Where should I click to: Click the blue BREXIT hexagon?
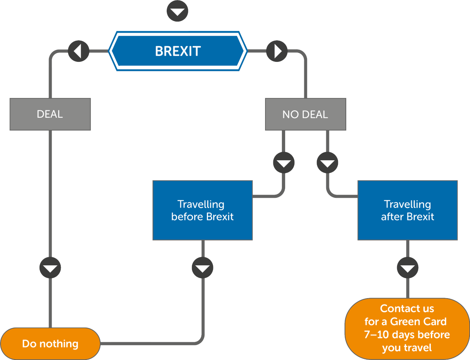177,51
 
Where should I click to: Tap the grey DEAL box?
50,114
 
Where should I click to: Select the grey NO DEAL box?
305,114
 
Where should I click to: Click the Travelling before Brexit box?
202,210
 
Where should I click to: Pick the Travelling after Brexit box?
407,210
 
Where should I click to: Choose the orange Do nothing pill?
50,344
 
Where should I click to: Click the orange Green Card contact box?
407,329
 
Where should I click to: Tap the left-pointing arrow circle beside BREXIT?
78,51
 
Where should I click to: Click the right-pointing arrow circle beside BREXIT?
277,51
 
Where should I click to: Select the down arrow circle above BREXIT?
177,11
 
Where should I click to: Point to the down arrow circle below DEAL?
50,268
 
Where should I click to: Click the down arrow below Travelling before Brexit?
202,268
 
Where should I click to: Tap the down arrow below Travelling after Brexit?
407,268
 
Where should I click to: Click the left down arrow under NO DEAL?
284,163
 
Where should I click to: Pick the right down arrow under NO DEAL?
327,163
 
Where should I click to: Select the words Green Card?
418,322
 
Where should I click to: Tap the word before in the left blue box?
187,217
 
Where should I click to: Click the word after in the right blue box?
392,217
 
